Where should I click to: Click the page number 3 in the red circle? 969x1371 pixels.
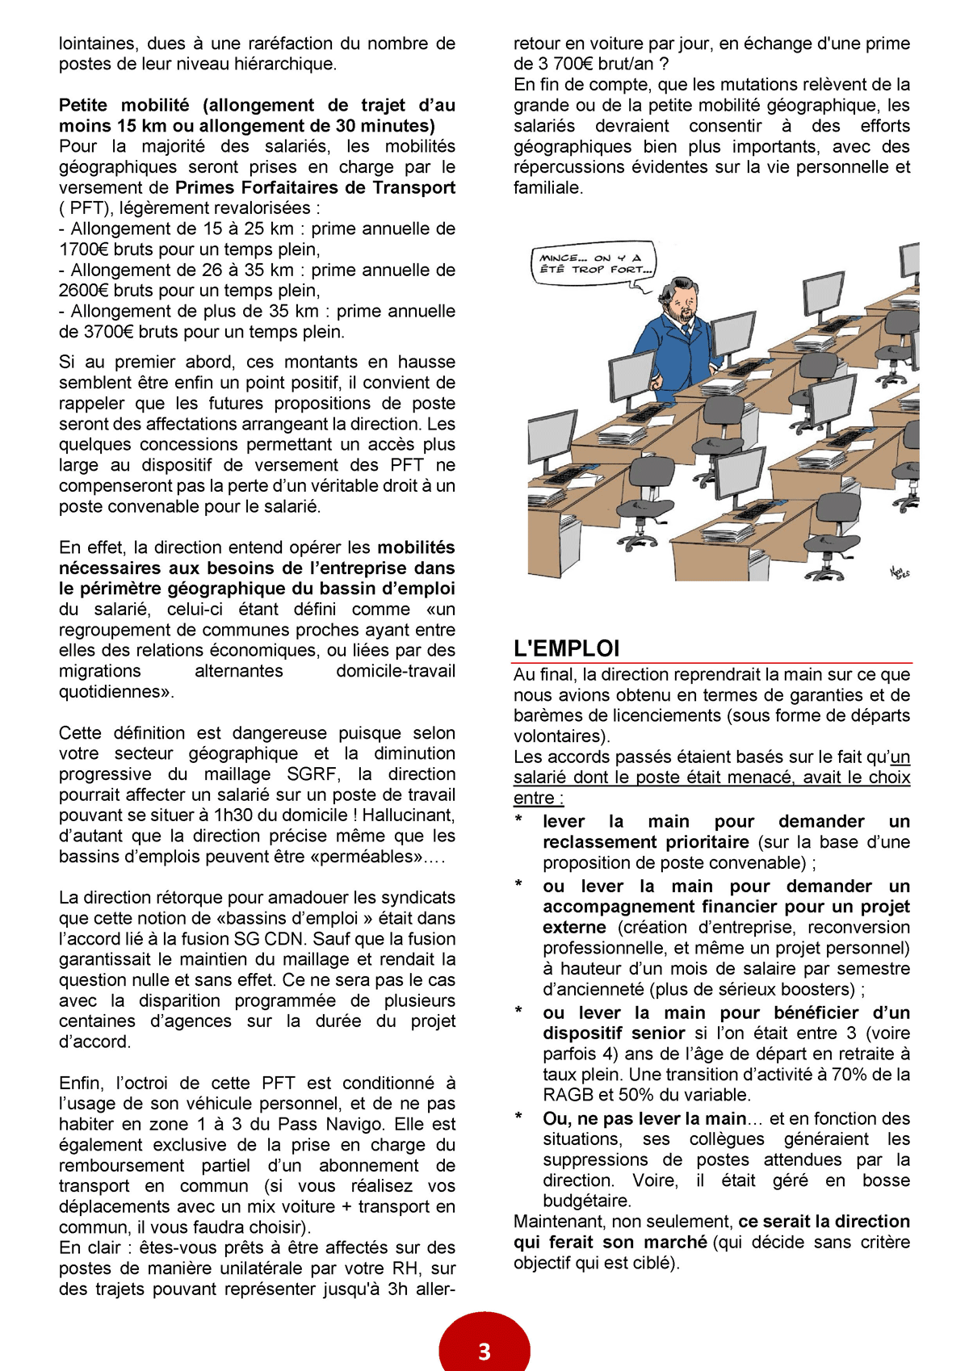[x=484, y=1352]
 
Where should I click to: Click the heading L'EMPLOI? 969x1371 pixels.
[x=566, y=648]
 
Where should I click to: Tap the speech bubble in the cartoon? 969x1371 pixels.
[x=594, y=265]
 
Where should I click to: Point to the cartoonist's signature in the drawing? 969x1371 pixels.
[x=900, y=572]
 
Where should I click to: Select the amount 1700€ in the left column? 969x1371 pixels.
[x=84, y=249]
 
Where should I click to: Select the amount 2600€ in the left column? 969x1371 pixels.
[x=84, y=291]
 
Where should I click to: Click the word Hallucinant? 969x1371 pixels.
[x=406, y=815]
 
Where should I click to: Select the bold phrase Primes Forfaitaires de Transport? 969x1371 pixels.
[x=315, y=187]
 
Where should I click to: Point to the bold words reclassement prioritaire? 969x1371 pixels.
[x=646, y=842]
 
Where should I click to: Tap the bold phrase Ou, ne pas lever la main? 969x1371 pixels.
[x=644, y=1119]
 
